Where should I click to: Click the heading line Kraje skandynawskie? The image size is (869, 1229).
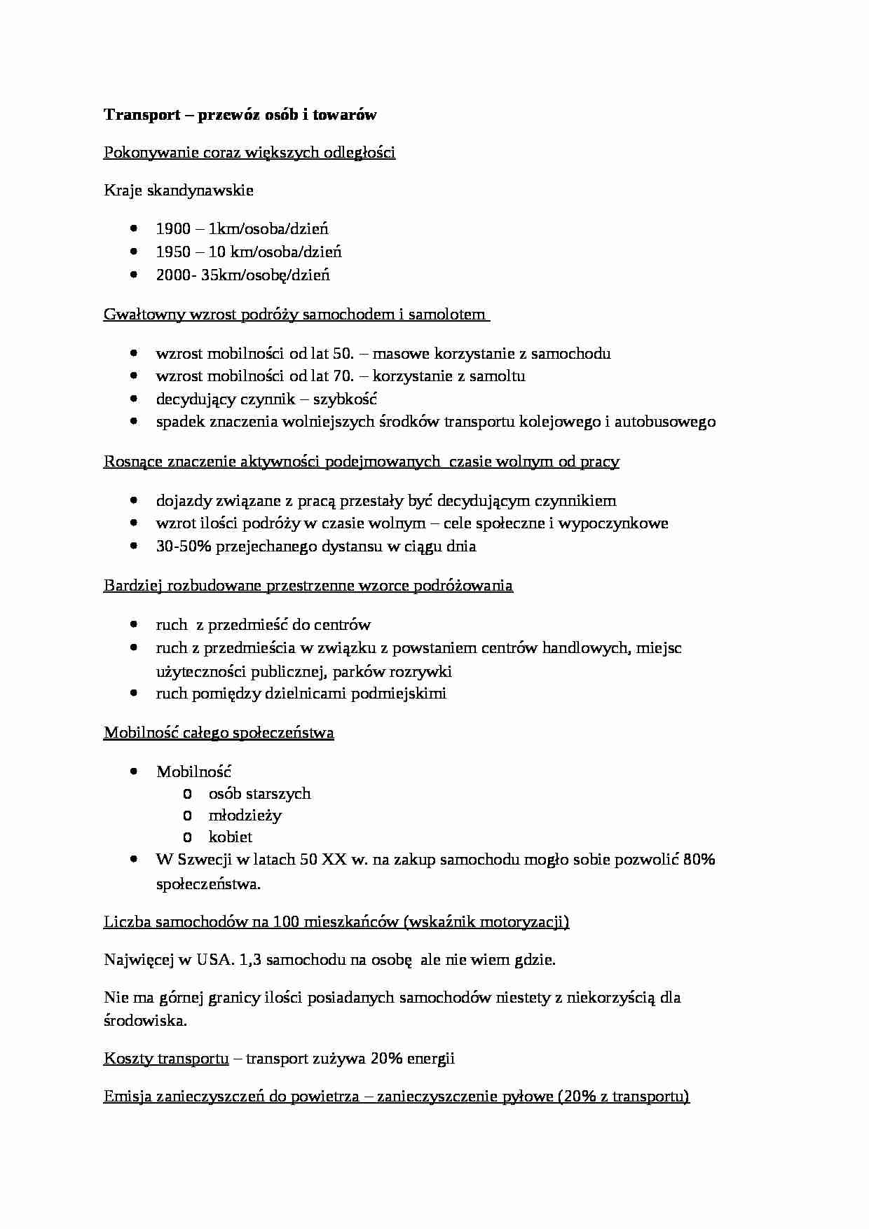(x=179, y=191)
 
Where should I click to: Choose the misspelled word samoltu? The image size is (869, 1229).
(x=500, y=376)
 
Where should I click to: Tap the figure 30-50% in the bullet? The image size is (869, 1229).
(x=184, y=547)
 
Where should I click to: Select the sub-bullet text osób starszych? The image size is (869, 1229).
(x=259, y=794)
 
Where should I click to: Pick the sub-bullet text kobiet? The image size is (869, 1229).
(x=231, y=837)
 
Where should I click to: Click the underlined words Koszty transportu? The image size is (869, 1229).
(x=166, y=1059)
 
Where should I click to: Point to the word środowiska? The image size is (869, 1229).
(x=145, y=1021)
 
